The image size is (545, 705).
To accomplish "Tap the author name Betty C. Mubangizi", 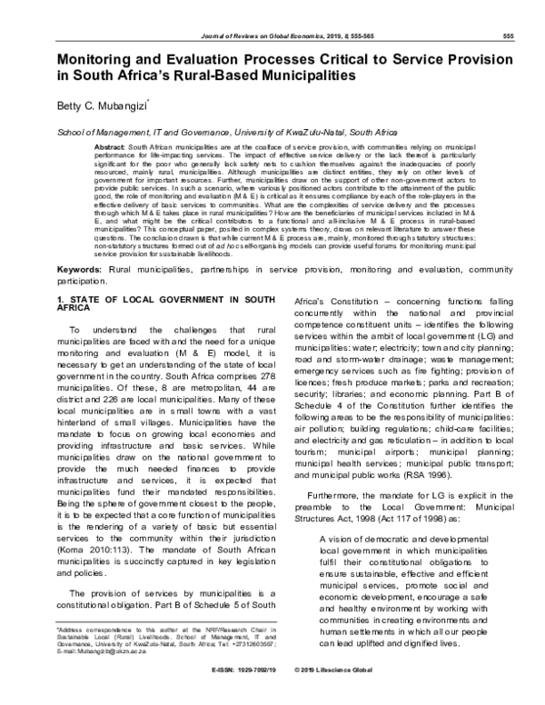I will tap(111, 106).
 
